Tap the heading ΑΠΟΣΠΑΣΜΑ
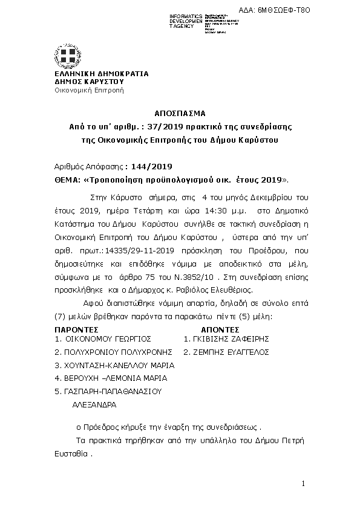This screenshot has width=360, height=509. pos(180,113)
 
